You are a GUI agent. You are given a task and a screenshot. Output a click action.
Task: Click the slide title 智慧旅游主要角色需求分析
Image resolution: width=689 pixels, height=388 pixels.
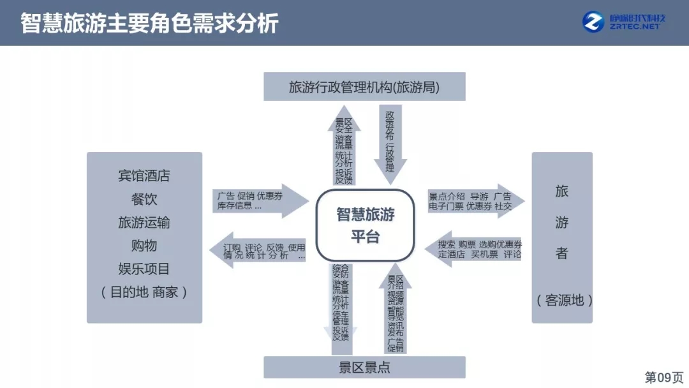coord(149,23)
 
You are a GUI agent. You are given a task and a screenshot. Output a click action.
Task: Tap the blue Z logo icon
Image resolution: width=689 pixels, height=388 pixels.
coord(593,22)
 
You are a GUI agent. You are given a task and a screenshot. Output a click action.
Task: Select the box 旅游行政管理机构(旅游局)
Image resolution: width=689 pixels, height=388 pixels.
coord(364,87)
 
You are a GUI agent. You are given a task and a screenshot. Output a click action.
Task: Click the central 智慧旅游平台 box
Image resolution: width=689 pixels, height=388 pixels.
coord(366,224)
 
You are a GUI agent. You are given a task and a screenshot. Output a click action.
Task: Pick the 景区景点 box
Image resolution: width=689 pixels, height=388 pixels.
coord(364,367)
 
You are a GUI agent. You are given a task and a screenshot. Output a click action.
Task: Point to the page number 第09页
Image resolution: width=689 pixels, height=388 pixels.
coord(663,377)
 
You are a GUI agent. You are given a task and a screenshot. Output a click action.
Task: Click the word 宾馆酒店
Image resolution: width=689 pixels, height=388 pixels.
coord(144,175)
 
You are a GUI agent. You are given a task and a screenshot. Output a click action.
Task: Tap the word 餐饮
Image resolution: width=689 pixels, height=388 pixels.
coord(144,199)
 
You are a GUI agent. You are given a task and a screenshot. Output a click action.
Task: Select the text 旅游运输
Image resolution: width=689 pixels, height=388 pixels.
coord(144,223)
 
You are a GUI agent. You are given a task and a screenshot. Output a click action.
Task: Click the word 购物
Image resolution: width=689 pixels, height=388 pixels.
coord(144,246)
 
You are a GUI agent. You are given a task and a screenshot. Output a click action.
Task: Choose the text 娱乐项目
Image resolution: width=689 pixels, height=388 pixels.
coord(144,269)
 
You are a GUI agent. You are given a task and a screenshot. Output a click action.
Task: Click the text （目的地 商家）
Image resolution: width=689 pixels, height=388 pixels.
coord(144,292)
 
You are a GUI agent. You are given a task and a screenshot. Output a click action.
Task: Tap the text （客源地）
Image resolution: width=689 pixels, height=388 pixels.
coord(561,300)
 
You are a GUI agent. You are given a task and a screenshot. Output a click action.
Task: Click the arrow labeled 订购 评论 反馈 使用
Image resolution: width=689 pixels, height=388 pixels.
coord(258,251)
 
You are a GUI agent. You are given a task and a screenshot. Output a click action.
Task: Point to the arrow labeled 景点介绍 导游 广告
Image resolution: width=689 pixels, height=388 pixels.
coord(475,201)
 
